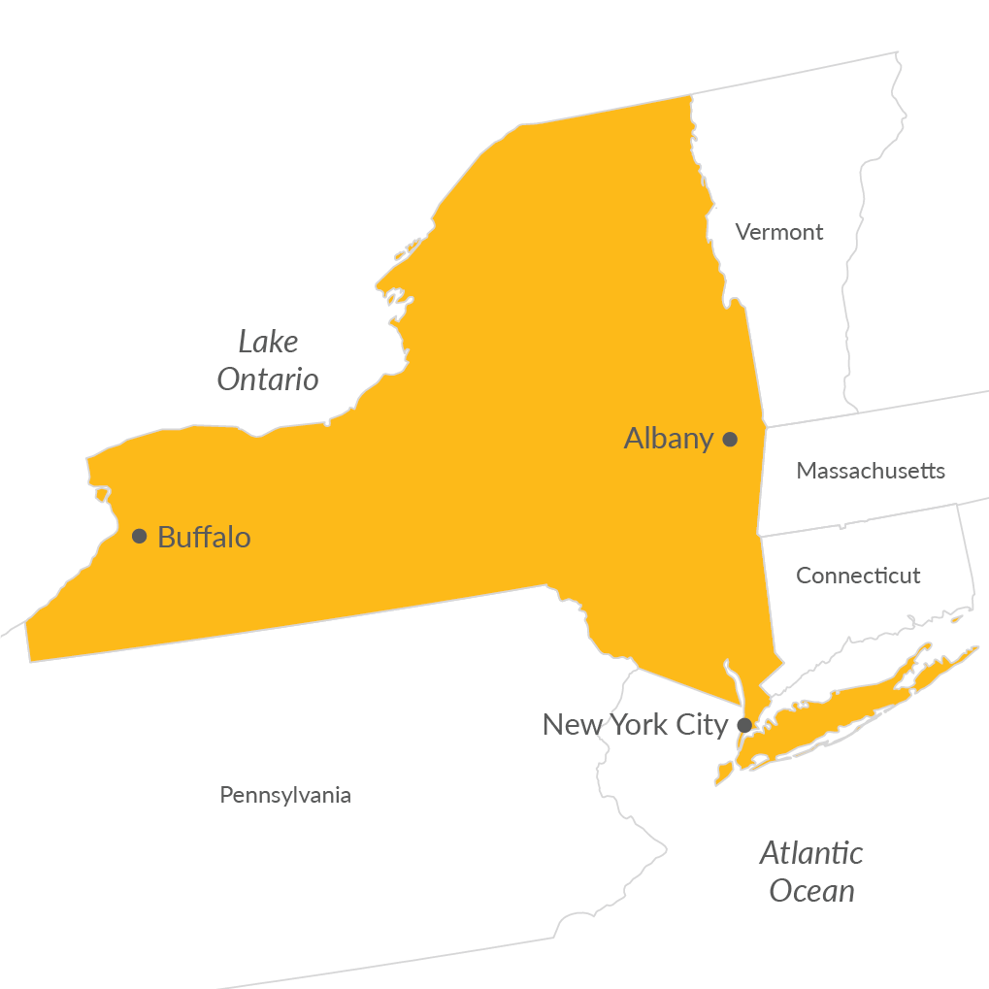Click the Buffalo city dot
tap(139, 536)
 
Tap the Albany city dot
tap(730, 439)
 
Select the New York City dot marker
tap(743, 724)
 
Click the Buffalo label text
tap(204, 537)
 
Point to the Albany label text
tap(669, 439)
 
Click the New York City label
tap(635, 725)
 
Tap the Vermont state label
tap(779, 232)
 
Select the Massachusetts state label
tap(871, 471)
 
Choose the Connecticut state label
tap(858, 576)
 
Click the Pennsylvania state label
tap(285, 795)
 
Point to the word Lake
tap(268, 342)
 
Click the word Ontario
tap(268, 379)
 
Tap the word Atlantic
tap(811, 853)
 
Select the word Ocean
tap(811, 891)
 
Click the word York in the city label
tap(637, 725)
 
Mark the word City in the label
tap(701, 725)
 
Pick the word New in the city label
tap(571, 725)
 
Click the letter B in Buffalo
tap(166, 537)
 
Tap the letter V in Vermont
tap(742, 232)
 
